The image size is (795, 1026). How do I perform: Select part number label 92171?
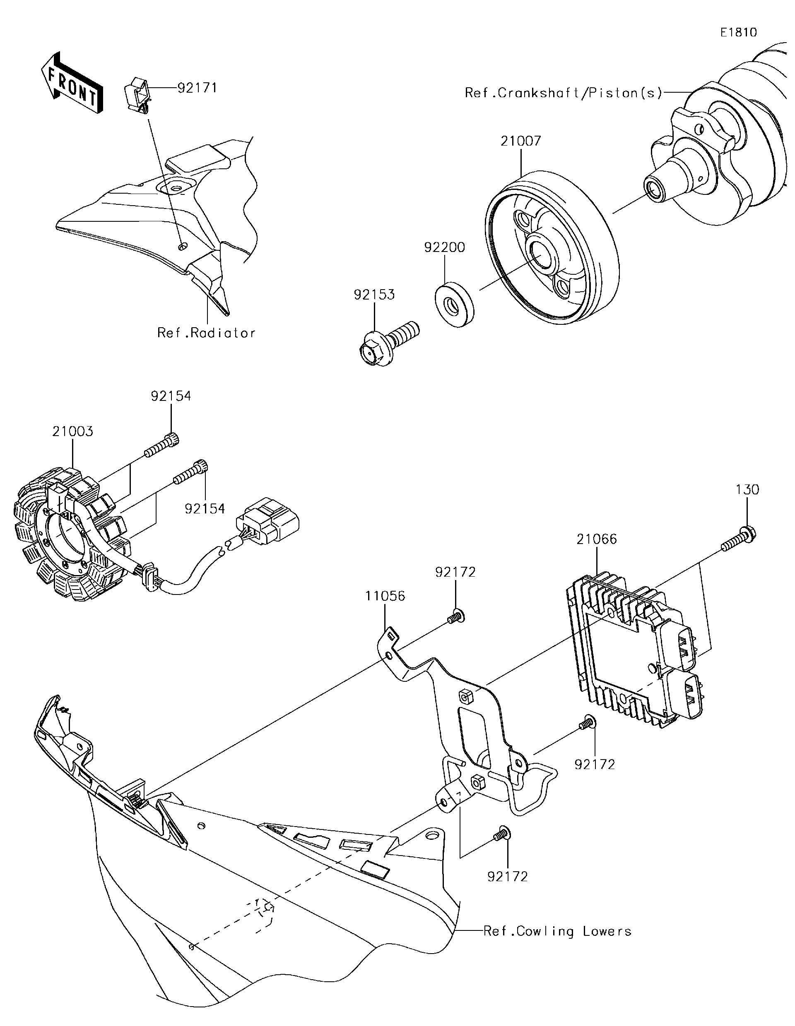click(197, 88)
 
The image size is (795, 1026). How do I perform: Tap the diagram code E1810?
click(739, 32)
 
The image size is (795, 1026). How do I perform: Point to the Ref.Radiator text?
click(206, 333)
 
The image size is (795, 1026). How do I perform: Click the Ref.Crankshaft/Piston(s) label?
click(563, 93)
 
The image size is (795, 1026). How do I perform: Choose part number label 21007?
click(520, 141)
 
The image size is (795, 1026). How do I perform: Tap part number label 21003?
click(73, 431)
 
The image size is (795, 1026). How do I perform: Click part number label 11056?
click(385, 596)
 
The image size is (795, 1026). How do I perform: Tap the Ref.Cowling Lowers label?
click(557, 930)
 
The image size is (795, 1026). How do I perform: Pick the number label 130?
click(747, 490)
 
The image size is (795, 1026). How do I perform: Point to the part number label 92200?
click(444, 247)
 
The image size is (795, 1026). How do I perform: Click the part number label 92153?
click(374, 295)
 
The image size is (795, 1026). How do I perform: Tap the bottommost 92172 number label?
click(507, 876)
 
